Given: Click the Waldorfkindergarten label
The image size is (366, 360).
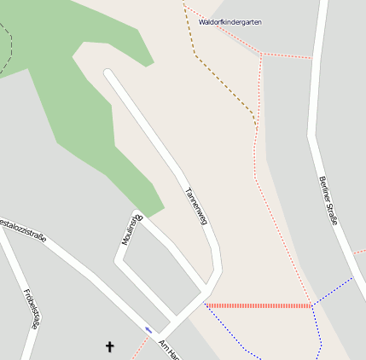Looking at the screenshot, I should coord(229,22).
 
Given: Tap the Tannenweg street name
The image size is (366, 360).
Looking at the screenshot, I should coord(195,206).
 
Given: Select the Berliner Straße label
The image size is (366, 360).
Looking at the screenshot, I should coord(328,200).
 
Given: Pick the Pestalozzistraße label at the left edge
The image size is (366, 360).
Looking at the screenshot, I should coord(21,228).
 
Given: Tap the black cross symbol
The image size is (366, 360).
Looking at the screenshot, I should coord(109,346).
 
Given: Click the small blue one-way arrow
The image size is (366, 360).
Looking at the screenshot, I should coord(149,329).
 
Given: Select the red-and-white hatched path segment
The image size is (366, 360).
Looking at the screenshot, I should coord(259,305).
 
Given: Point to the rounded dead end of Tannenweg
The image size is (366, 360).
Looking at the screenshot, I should coord(108,74).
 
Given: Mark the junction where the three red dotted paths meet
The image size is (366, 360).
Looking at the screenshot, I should coord(262,55).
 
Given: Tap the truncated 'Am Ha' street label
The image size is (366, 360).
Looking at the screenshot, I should coord(169,349).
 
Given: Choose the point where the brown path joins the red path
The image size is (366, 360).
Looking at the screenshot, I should coord(256,128).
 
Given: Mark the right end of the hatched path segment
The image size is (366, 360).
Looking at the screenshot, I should coord(311,305).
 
